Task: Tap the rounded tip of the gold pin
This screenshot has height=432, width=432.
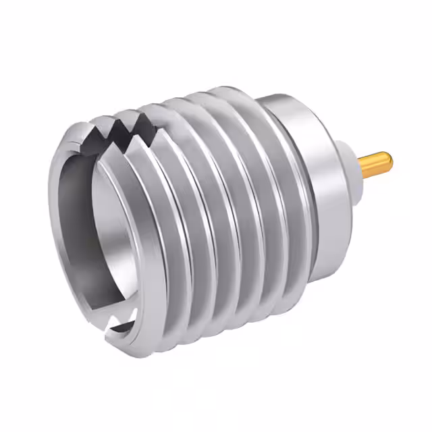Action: pyautogui.click(x=388, y=161)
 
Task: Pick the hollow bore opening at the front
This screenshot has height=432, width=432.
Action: pyautogui.click(x=101, y=223)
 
